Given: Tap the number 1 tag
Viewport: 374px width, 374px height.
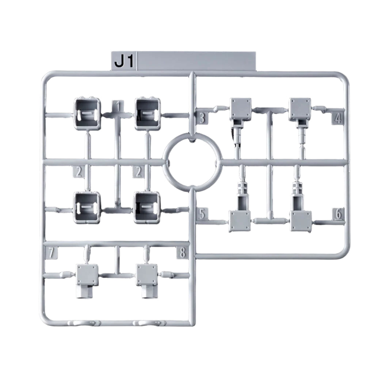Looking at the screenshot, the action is (x=118, y=106).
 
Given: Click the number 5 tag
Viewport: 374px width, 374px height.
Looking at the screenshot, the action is (x=202, y=214).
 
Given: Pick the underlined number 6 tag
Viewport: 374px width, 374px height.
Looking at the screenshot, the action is (x=338, y=214).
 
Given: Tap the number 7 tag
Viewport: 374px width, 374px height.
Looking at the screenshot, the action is (x=51, y=253).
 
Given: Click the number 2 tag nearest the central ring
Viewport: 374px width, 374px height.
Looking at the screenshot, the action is (x=138, y=172).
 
